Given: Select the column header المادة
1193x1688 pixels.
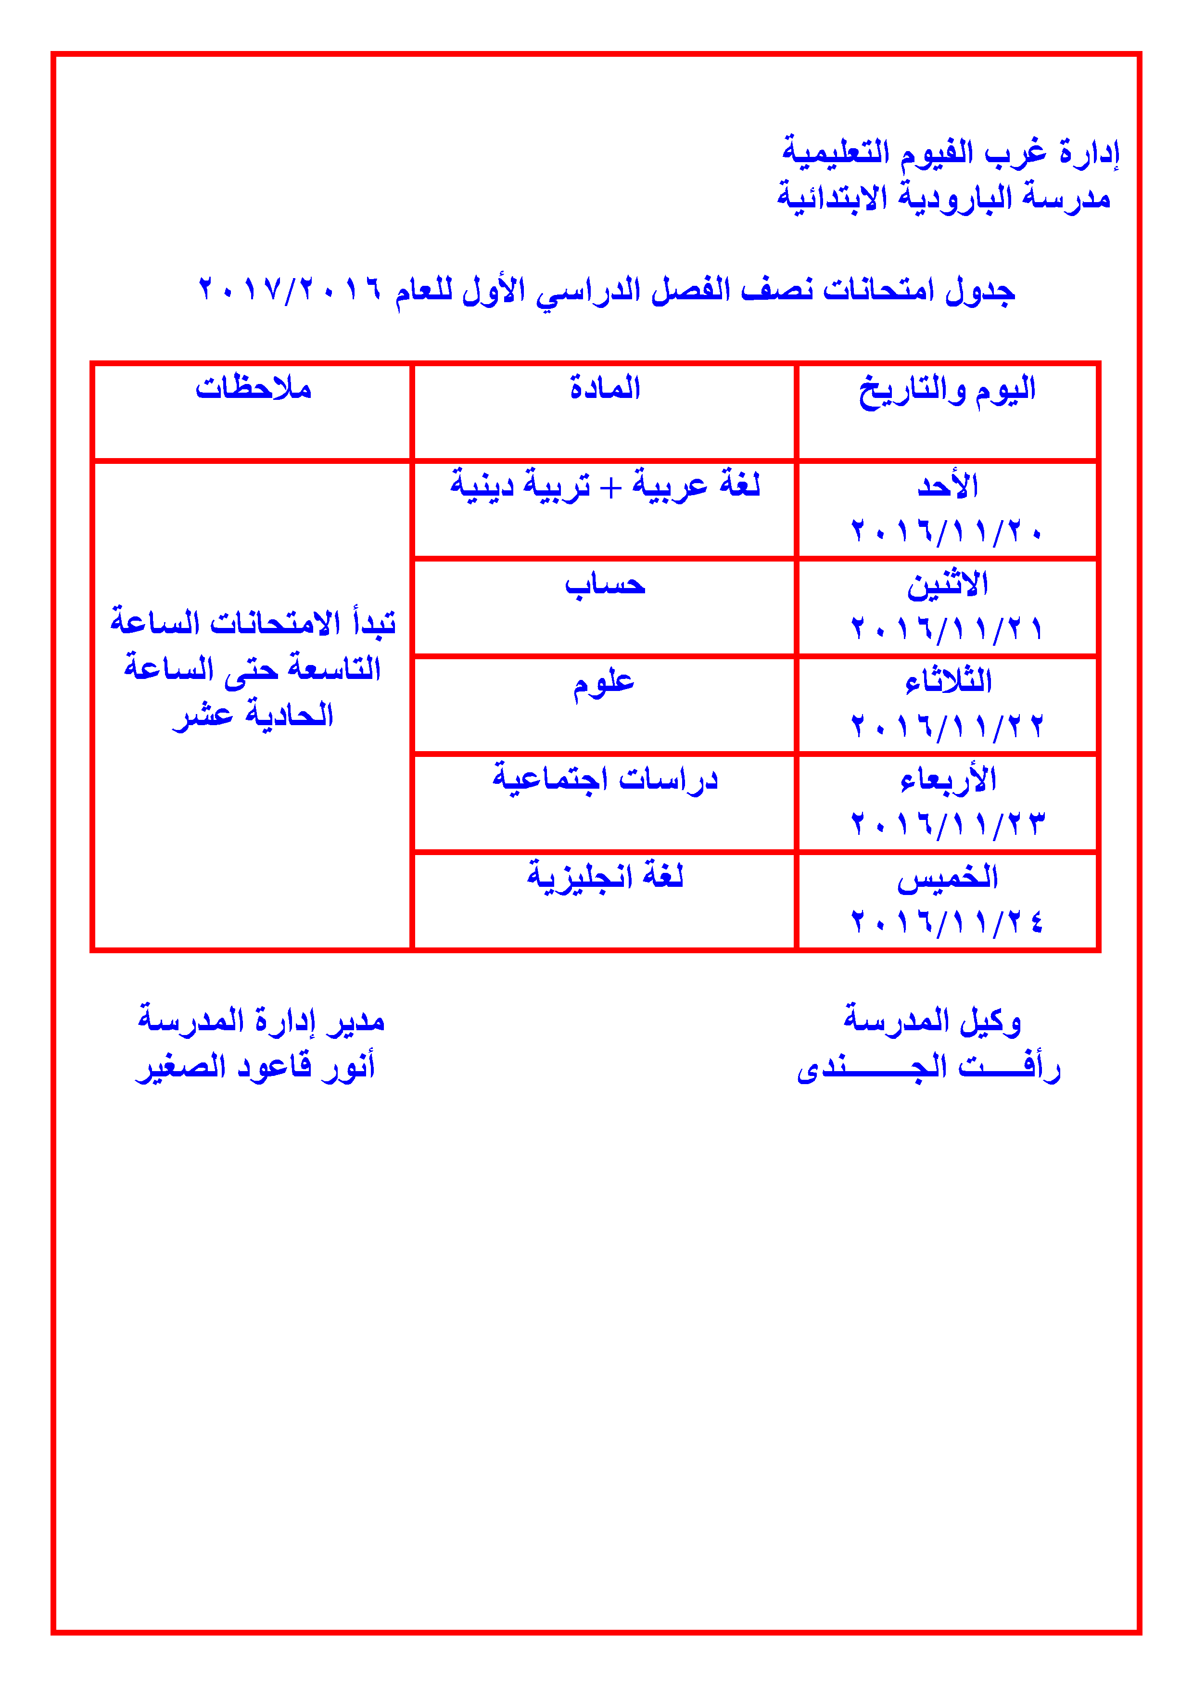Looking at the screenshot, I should click(605, 388).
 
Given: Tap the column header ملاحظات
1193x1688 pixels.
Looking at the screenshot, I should click(254, 388).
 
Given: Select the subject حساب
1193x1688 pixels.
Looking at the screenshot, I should click(605, 585).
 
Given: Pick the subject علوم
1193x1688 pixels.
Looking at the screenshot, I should click(604, 684).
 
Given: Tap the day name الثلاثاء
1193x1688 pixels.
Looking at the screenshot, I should click(948, 681).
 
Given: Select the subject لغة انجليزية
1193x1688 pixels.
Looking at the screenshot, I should click(605, 876).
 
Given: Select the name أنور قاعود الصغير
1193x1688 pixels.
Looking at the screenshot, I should click(255, 1067).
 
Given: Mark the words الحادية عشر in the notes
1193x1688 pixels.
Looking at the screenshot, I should click(253, 715).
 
